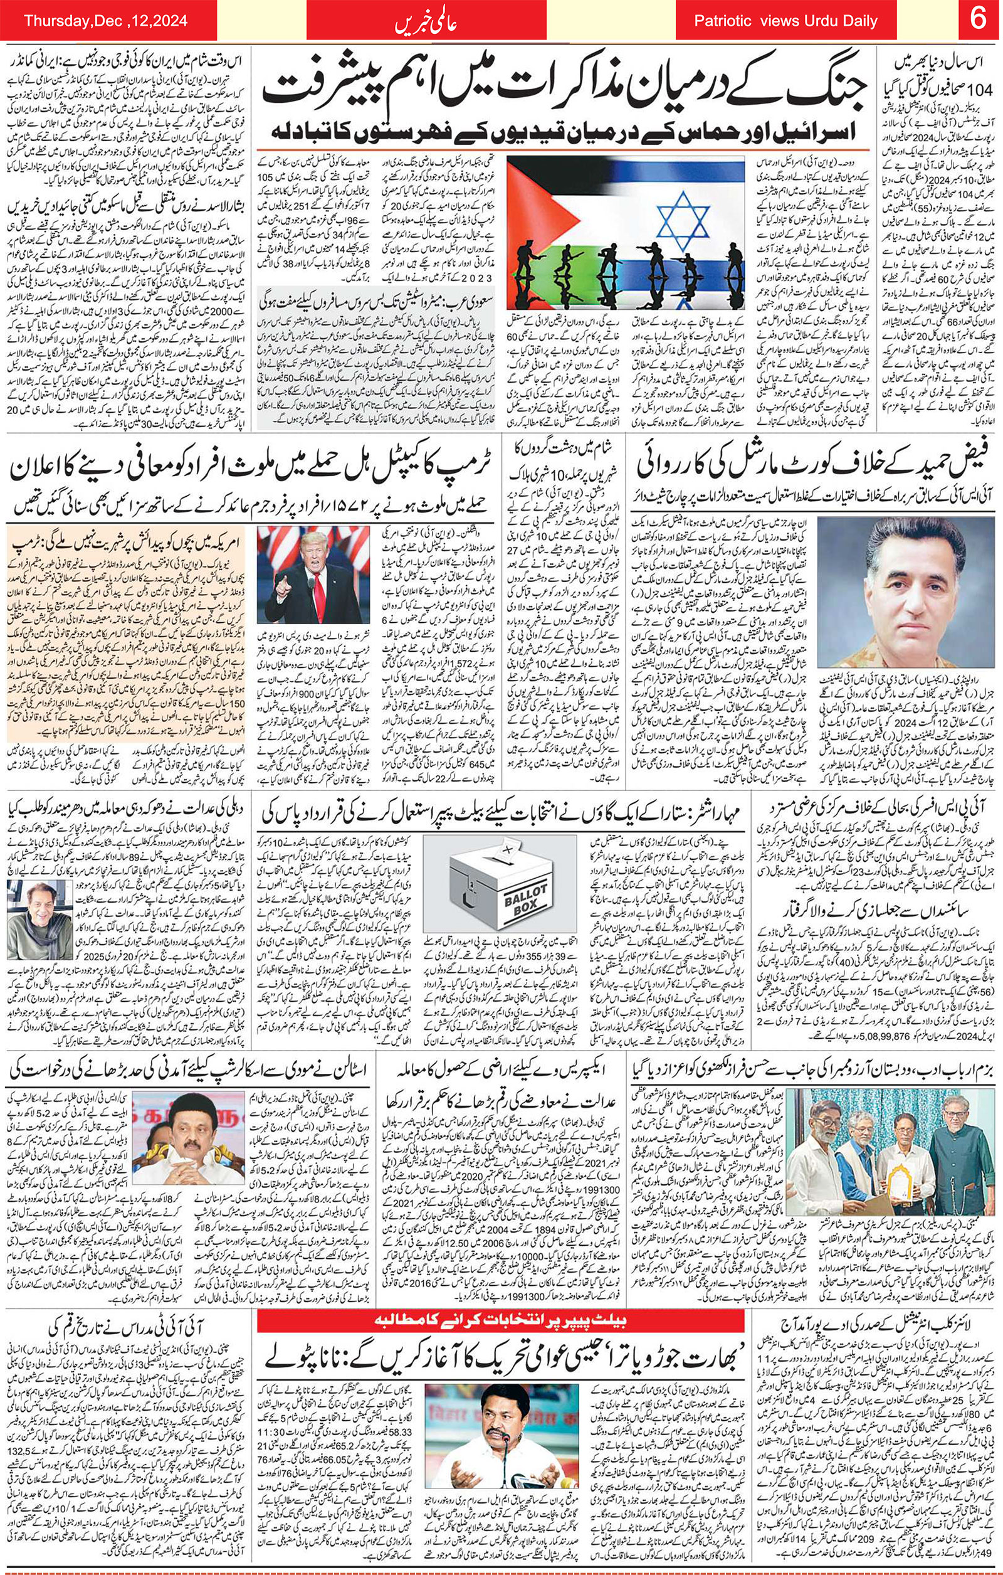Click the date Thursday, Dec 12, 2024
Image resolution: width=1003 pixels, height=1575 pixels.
(x=106, y=21)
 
